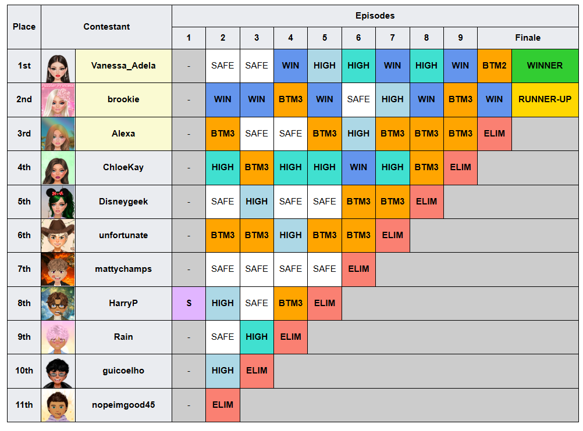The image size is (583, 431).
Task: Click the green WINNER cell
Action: coord(545,66)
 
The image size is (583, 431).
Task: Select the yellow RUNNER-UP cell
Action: coord(545,99)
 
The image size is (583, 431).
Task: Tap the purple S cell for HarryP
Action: coord(189,303)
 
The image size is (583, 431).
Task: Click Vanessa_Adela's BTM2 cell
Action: coord(494,66)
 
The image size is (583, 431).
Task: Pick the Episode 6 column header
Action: coord(358,38)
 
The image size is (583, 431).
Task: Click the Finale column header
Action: coord(528,38)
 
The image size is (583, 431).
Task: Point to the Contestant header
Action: coord(106,27)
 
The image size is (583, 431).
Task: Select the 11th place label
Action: coord(24,405)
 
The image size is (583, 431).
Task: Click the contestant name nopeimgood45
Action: coord(123,405)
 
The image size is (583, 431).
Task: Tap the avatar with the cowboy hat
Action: coord(58,235)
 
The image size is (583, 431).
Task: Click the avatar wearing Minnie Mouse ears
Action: coord(58,202)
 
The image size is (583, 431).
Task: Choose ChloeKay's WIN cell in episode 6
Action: coord(358,167)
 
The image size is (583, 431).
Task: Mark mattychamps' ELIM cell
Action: coord(358,269)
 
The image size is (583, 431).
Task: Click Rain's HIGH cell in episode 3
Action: coord(257,337)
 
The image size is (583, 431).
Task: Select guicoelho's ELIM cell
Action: coord(257,371)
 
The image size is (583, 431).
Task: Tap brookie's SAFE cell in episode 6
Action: coord(358,99)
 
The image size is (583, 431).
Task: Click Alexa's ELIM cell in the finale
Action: coord(494,134)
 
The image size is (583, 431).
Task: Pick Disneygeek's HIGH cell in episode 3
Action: coord(257,202)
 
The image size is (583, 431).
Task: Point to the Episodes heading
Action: coord(375,16)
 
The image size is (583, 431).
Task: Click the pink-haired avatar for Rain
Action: coord(58,337)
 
